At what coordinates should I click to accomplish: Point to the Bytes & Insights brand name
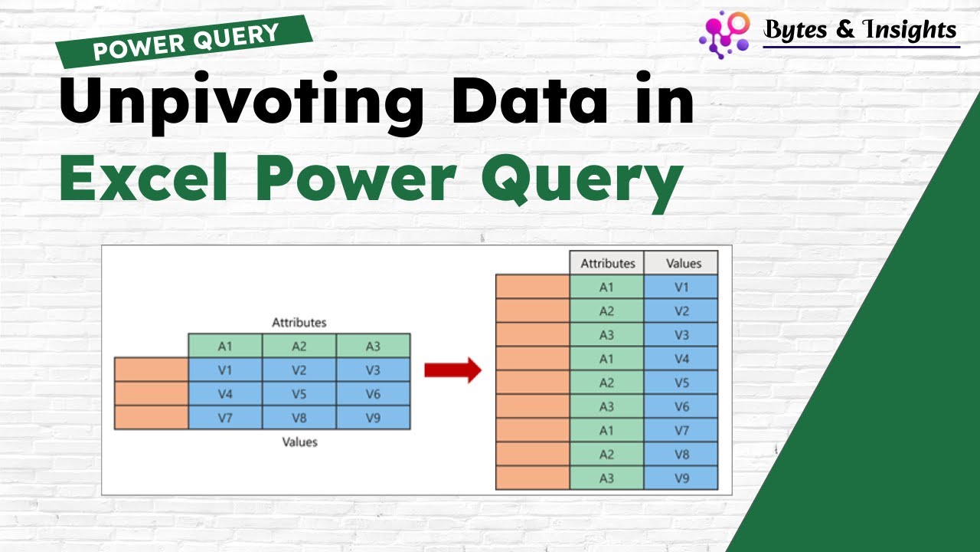point(861,30)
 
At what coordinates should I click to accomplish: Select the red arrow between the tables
point(452,370)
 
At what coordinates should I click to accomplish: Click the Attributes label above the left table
point(299,323)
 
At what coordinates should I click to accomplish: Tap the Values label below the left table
point(299,442)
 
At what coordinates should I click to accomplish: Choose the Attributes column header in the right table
point(607,263)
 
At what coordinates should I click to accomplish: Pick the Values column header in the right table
point(681,263)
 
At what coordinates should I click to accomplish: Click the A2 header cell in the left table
point(299,347)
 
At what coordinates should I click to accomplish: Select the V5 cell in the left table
point(299,394)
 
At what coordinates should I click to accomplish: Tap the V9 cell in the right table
point(681,478)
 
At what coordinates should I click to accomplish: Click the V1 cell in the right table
point(681,287)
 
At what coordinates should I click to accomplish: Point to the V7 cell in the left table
point(225,418)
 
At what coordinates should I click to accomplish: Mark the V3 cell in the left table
point(373,370)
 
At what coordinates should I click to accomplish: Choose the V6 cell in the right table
point(681,406)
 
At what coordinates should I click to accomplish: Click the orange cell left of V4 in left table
point(151,394)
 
